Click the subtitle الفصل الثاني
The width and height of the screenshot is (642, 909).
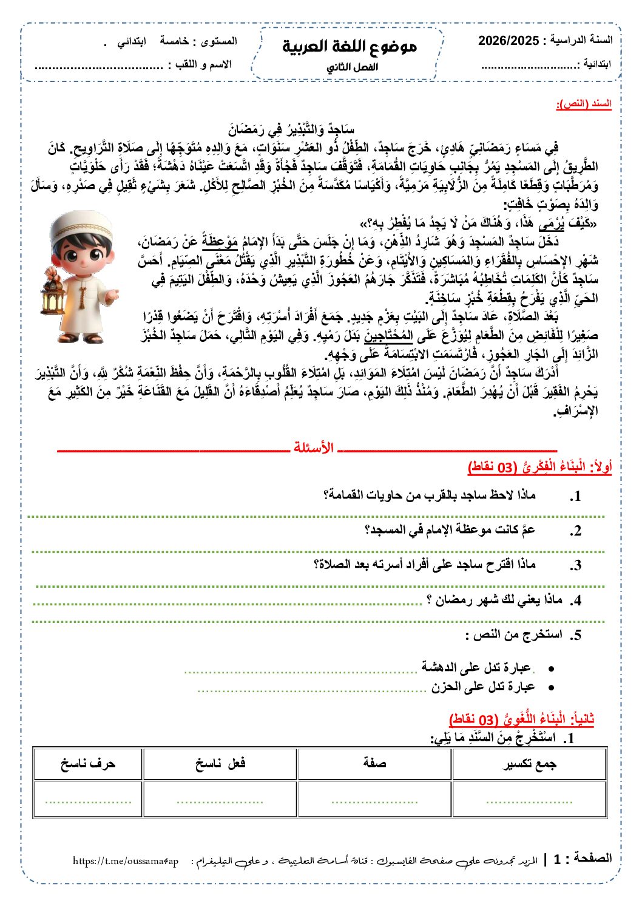pyautogui.click(x=352, y=67)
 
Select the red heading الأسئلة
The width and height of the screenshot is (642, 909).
pyautogui.click(x=313, y=448)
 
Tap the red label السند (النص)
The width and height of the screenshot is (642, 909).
pyautogui.click(x=584, y=104)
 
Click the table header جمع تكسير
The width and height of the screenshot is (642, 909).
pyautogui.click(x=529, y=764)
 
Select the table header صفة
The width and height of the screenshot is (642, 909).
pyautogui.click(x=374, y=764)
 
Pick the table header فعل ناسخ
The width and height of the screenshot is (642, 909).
pyautogui.click(x=220, y=764)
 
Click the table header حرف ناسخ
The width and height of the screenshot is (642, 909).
pyautogui.click(x=87, y=764)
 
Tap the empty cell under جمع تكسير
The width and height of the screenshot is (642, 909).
pyautogui.click(x=529, y=800)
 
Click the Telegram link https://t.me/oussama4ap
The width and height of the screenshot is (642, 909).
pyautogui.click(x=126, y=861)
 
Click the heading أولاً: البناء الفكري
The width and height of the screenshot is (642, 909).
pyautogui.click(x=539, y=466)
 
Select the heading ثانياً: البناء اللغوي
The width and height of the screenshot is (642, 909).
pyautogui.click(x=521, y=719)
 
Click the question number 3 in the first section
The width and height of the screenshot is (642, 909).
pyautogui.click(x=576, y=565)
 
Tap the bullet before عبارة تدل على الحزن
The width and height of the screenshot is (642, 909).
pyautogui.click(x=551, y=688)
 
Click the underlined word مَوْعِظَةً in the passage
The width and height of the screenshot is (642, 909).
pyautogui.click(x=220, y=242)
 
